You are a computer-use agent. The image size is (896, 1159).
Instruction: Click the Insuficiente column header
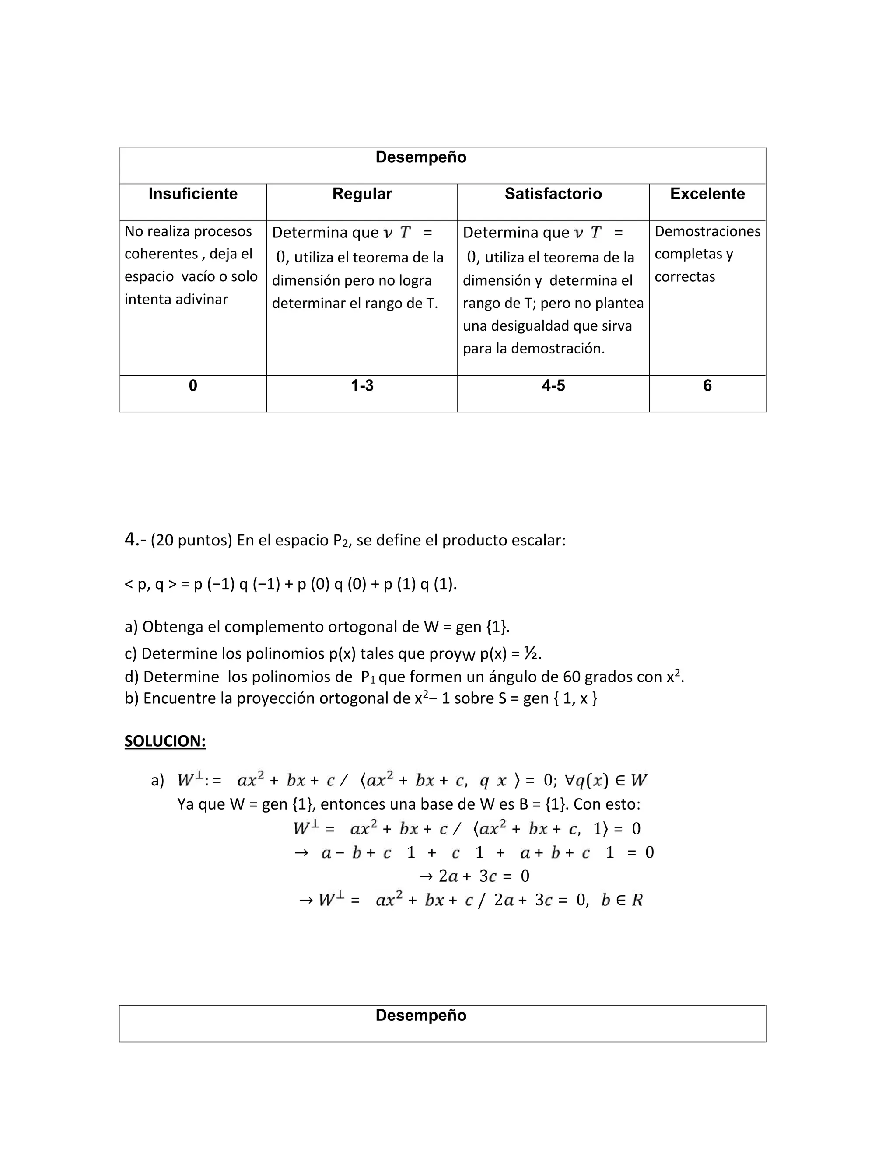[192, 194]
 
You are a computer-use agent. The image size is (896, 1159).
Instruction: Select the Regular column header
[362, 194]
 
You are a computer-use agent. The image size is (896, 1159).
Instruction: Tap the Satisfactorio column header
[553, 194]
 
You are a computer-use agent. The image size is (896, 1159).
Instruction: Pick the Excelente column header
[707, 194]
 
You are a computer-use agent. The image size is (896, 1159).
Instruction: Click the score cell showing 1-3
[362, 385]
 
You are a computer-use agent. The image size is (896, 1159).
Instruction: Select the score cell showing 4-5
[553, 385]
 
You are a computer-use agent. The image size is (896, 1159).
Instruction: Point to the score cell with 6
[707, 385]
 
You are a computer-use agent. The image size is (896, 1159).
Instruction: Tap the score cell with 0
[192, 385]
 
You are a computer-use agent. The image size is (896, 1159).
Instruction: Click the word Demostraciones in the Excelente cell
[707, 231]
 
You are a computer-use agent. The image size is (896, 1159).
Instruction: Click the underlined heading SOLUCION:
[165, 741]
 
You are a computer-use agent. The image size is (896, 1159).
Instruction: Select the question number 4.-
[135, 540]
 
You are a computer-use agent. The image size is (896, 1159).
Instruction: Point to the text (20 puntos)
[192, 540]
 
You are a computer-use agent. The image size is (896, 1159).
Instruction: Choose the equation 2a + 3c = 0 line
[474, 876]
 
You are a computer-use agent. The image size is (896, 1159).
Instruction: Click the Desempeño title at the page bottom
[421, 1015]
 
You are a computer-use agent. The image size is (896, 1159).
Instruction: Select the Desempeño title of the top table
[421, 157]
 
